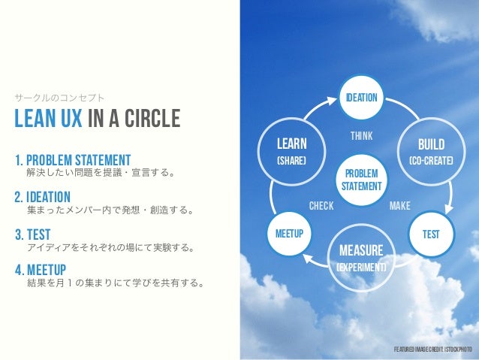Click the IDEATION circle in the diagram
(360, 98)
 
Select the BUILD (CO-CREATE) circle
(430, 151)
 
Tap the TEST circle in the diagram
(430, 234)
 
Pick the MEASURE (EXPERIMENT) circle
(361, 256)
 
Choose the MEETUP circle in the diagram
(289, 234)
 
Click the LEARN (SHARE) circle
(291, 151)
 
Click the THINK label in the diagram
(361, 136)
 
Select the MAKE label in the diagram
(400, 204)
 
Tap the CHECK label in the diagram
(321, 204)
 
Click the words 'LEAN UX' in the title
(50, 119)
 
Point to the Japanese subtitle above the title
(60, 98)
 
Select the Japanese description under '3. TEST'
(108, 247)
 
